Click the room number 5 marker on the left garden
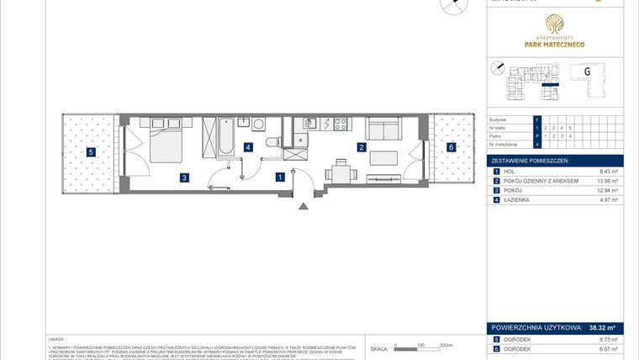[91, 152]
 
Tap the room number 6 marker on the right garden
[451, 147]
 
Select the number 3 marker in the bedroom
[182, 177]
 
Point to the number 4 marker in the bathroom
[247, 147]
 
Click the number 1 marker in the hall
[279, 177]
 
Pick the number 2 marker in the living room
[361, 147]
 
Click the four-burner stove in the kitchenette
[341, 125]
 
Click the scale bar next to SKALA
[425, 345]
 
